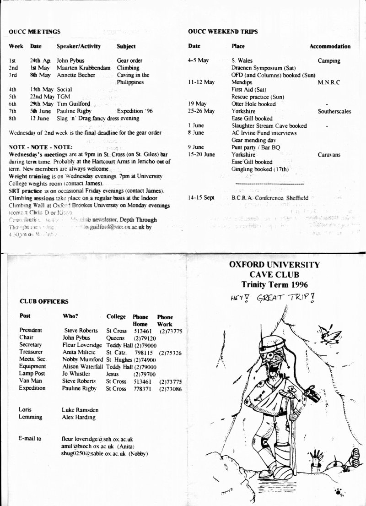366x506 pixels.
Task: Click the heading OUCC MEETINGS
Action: [35, 32]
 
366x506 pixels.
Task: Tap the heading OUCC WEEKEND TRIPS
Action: [223, 32]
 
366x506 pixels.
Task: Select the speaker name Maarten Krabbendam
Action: [83, 68]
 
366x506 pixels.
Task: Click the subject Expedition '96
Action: [134, 111]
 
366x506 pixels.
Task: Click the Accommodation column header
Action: [330, 46]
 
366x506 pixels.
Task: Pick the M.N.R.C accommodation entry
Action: [328, 82]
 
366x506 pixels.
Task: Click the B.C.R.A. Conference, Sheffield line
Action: [270, 198]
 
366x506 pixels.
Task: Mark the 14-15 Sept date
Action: [201, 198]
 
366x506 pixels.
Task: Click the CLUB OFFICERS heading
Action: [44, 302]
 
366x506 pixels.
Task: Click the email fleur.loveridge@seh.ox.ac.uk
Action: [97, 439]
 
